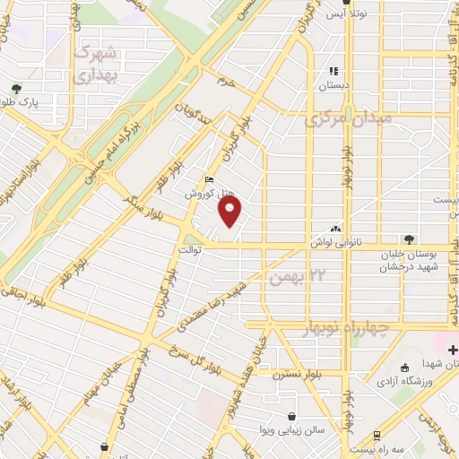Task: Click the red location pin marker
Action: (x=230, y=212)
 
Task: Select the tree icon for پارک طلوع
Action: (x=16, y=89)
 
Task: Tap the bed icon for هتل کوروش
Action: (x=210, y=178)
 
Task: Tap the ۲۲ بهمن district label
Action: (x=301, y=276)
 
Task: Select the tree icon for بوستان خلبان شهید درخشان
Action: (x=409, y=239)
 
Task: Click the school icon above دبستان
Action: (x=333, y=71)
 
